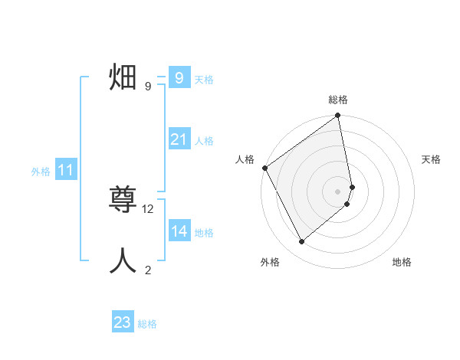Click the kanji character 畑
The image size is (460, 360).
coord(123,78)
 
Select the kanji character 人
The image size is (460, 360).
coord(123,260)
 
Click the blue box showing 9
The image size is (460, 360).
coord(179,77)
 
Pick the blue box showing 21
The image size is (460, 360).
coord(179,139)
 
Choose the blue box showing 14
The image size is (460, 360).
coord(179,231)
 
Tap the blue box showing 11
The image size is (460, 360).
coord(65,171)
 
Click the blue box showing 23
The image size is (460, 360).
coord(123,322)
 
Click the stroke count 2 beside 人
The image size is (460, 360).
coord(148,270)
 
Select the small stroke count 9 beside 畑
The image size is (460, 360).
coord(148,87)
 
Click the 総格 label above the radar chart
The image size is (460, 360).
coord(338,100)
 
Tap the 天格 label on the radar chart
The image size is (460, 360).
coord(432,159)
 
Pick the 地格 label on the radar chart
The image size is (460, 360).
coord(402,262)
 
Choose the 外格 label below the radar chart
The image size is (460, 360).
coord(270,262)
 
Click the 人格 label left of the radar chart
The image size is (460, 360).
coord(245,159)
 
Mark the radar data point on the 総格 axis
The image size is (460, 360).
coord(338,116)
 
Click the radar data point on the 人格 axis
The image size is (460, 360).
coord(264,168)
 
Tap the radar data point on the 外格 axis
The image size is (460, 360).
coord(302,241)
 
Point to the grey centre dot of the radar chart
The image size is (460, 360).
coord(338,191)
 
